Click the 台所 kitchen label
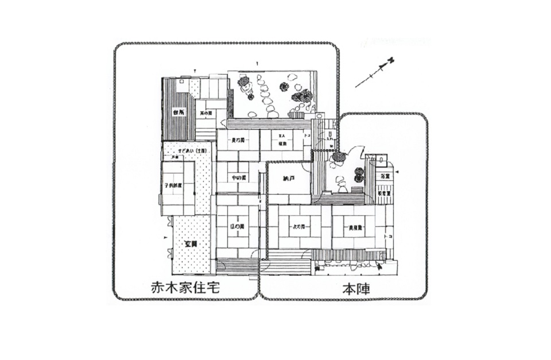(x=178, y=111)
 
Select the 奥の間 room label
(x=238, y=140)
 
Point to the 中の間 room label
(x=238, y=177)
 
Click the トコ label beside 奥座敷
(x=389, y=236)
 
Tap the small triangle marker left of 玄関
(x=165, y=237)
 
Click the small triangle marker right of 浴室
(x=397, y=172)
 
